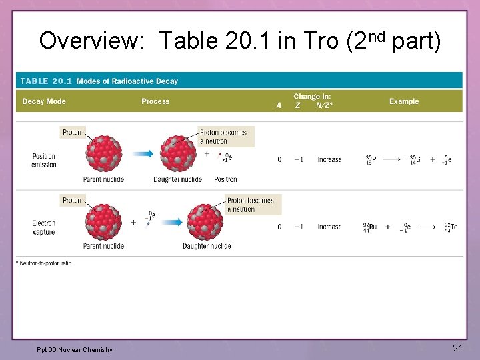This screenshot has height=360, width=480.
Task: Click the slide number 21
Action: (457, 348)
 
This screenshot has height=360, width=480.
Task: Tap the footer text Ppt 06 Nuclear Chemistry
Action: (75, 349)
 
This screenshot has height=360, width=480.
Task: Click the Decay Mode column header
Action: (44, 101)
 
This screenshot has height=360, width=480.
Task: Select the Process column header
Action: (155, 101)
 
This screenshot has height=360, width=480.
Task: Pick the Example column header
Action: (404, 101)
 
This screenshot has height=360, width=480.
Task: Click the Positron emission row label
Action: (44, 161)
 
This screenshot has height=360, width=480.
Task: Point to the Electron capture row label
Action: (44, 227)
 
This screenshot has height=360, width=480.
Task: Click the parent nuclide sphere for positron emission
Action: (103, 153)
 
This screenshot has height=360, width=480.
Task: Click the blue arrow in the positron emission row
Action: (141, 154)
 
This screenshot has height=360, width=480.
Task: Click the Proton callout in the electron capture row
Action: (72, 201)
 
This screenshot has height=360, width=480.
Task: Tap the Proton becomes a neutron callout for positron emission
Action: (223, 137)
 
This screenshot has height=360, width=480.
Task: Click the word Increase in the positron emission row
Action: (329, 160)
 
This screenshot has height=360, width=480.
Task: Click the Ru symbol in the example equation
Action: (373, 227)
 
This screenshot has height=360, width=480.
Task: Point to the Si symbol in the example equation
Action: (418, 159)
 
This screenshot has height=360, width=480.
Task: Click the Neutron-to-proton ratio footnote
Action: (44, 263)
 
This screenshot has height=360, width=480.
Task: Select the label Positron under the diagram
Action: (225, 179)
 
